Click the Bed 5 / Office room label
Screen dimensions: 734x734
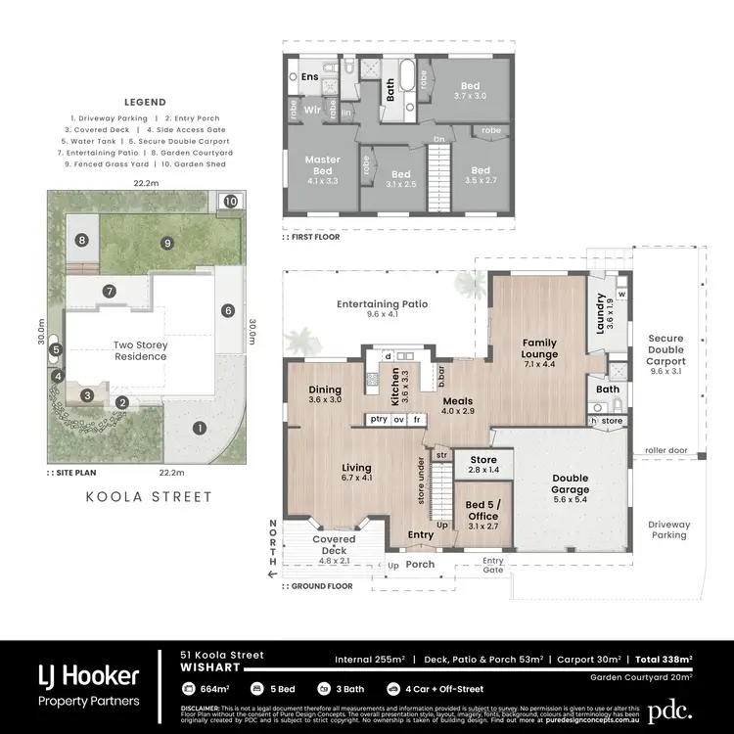482,515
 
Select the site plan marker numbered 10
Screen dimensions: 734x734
230,201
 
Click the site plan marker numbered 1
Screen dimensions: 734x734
200,428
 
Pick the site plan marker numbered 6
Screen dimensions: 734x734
227,311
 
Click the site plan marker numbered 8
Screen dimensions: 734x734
82,240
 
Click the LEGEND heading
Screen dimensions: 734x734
145,102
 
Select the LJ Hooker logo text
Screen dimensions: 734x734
88,675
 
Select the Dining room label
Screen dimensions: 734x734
325,393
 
